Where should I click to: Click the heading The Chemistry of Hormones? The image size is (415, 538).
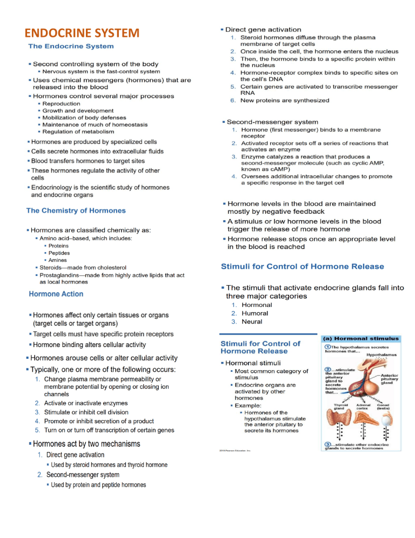coord(76,211)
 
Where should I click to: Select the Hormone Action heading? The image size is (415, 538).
coord(56,294)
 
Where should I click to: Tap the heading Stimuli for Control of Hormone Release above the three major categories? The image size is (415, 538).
coord(303,266)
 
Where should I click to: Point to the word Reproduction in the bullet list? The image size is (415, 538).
coord(62,103)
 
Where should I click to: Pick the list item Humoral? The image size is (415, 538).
coord(255,313)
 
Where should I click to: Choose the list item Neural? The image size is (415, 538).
coord(252,322)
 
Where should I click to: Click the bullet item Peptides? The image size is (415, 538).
coord(59,253)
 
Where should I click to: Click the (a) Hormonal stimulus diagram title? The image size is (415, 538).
coord(361,338)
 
